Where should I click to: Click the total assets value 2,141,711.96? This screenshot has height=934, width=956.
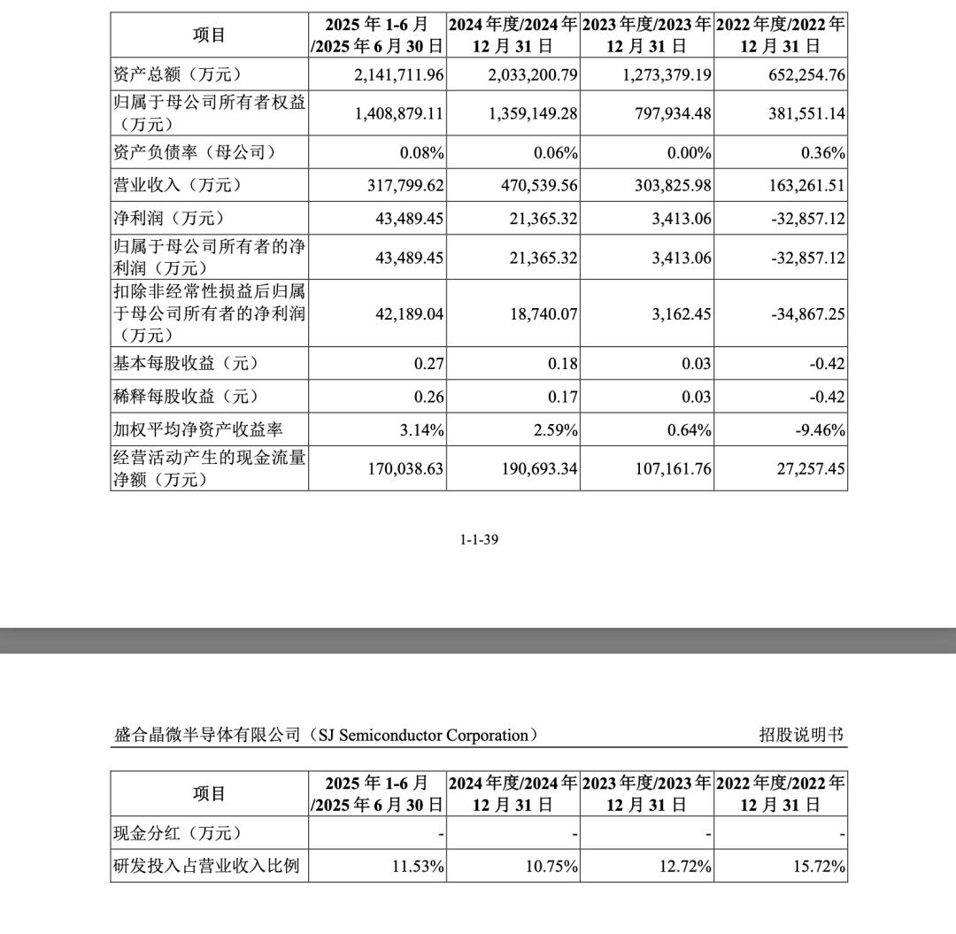coord(386,75)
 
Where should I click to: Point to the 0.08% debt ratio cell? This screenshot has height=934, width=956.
coord(421,153)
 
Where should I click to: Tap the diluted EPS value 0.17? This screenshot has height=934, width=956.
coord(563,397)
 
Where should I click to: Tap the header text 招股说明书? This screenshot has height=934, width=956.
coord(801,735)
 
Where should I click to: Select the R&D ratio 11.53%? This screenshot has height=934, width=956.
coord(418,866)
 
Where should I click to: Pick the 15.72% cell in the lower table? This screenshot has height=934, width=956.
coord(819,866)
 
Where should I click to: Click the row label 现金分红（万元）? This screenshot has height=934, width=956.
coord(178,833)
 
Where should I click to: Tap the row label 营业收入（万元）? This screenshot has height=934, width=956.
coord(178,185)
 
